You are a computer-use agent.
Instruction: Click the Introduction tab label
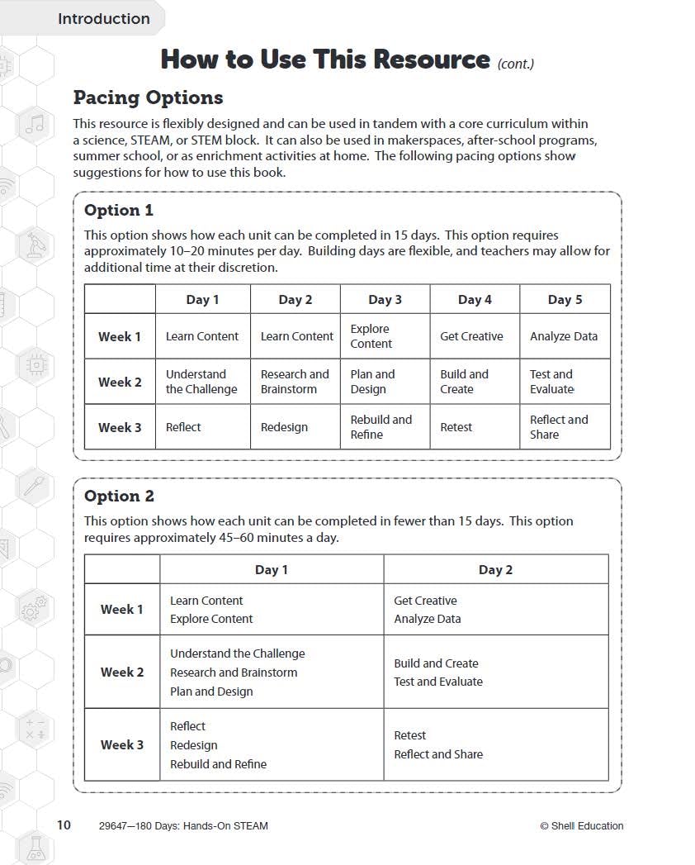(x=103, y=19)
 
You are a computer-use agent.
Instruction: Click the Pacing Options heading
(x=148, y=97)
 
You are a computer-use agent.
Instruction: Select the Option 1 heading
(x=118, y=210)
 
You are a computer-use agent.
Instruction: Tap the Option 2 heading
(x=119, y=496)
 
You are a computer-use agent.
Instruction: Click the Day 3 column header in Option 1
(x=385, y=300)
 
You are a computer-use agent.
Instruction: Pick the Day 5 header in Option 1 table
(x=565, y=300)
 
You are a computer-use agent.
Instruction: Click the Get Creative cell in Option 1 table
(x=471, y=336)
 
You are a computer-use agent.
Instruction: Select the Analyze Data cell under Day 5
(x=564, y=336)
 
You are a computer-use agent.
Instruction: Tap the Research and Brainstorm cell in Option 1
(x=295, y=382)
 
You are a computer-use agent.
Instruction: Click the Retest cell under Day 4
(x=456, y=427)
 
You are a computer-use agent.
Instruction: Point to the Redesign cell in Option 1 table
(x=284, y=427)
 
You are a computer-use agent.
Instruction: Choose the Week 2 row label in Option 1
(x=120, y=382)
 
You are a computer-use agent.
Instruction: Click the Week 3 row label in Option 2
(x=122, y=744)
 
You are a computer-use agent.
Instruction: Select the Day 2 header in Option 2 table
(x=495, y=569)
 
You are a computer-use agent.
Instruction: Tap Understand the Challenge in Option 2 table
(x=237, y=654)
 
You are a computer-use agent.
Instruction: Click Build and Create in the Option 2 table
(x=436, y=663)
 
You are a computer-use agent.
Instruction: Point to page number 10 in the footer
(x=64, y=825)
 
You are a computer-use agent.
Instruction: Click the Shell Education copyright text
(x=581, y=825)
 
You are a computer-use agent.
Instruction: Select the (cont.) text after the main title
(x=516, y=64)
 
